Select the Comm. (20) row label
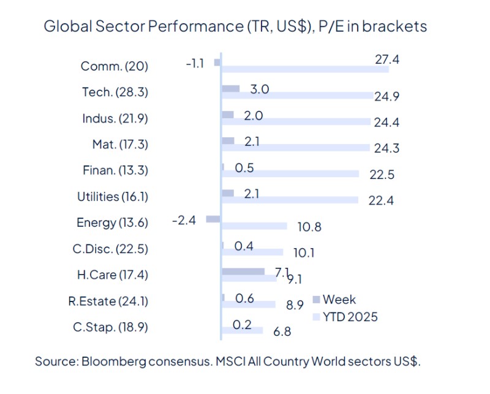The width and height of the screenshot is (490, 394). [x=114, y=66]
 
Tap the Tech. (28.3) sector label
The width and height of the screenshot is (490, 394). [x=115, y=92]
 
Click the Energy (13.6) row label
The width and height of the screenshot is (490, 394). [x=112, y=222]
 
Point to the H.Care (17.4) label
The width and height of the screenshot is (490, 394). [x=113, y=275]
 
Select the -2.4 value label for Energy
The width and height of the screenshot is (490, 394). [x=184, y=219]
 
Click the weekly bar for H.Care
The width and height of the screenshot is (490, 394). [x=243, y=271]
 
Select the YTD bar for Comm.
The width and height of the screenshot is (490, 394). [x=304, y=69]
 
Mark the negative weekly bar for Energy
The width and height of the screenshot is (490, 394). [x=213, y=219]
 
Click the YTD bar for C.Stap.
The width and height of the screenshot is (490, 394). [x=241, y=331]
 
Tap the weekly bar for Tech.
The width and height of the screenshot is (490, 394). [x=230, y=88]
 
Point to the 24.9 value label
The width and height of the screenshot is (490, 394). [x=386, y=96]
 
